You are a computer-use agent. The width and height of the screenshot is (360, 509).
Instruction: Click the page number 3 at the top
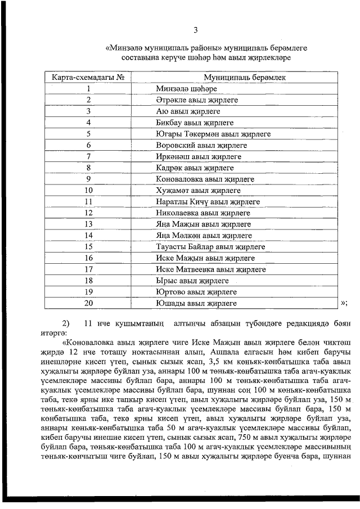195,30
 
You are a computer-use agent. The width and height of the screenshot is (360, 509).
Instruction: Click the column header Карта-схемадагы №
88,77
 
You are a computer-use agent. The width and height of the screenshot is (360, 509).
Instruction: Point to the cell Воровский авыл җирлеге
199,145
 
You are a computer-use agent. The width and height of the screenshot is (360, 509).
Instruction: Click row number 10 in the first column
88,191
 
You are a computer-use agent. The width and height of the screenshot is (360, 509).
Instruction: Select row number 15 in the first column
88,247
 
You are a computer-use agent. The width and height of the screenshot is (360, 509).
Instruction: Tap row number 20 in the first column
88,304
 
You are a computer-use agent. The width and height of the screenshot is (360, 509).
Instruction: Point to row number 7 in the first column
88,156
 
